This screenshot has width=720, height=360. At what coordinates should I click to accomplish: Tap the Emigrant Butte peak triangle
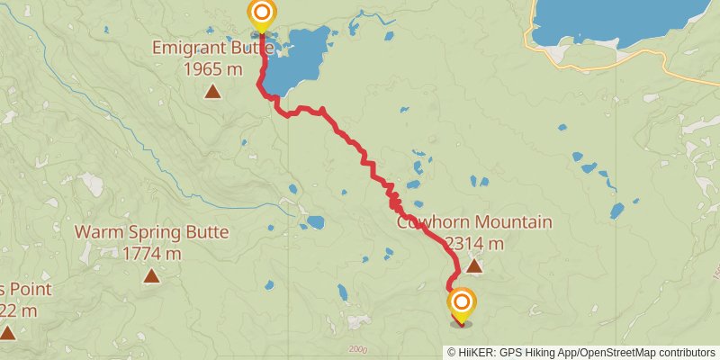pyautogui.click(x=213, y=90)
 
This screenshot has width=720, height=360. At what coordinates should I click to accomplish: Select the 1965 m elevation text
pyautogui.click(x=213, y=67)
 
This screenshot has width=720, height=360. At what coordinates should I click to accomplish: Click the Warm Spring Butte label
pyautogui.click(x=151, y=232)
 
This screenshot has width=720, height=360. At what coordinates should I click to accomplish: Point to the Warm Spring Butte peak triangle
pyautogui.click(x=151, y=275)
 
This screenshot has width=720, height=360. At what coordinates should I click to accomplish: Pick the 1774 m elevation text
pyautogui.click(x=151, y=253)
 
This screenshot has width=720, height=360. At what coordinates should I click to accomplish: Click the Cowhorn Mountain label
pyautogui.click(x=474, y=222)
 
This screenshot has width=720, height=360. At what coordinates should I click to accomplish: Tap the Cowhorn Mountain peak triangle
pyautogui.click(x=474, y=265)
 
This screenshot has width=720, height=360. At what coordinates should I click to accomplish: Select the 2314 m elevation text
pyautogui.click(x=474, y=243)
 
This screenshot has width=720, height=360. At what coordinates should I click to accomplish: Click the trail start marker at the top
pyautogui.click(x=261, y=13)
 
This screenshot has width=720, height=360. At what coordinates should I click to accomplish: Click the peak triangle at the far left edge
pyautogui.click(x=7, y=333)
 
